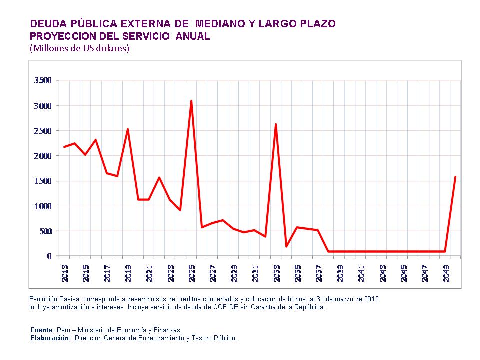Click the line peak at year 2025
191,101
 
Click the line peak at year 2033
276,124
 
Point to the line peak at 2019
128,129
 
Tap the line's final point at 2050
455,177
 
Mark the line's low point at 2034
286,246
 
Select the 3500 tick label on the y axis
42,81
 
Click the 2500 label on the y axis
42,131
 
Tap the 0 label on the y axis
49,256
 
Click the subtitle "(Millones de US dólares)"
80,48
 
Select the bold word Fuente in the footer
42,330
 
